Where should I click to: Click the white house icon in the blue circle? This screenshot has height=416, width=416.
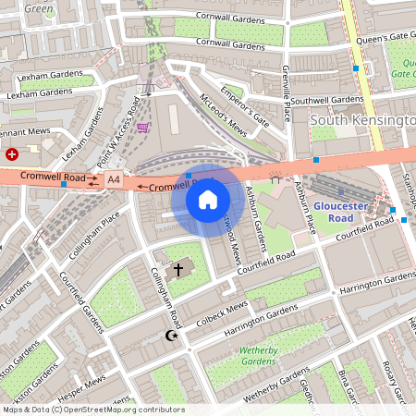point(208,200)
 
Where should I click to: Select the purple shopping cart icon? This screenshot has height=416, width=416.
point(143,127)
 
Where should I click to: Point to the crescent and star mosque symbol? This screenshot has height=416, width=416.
point(169,336)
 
